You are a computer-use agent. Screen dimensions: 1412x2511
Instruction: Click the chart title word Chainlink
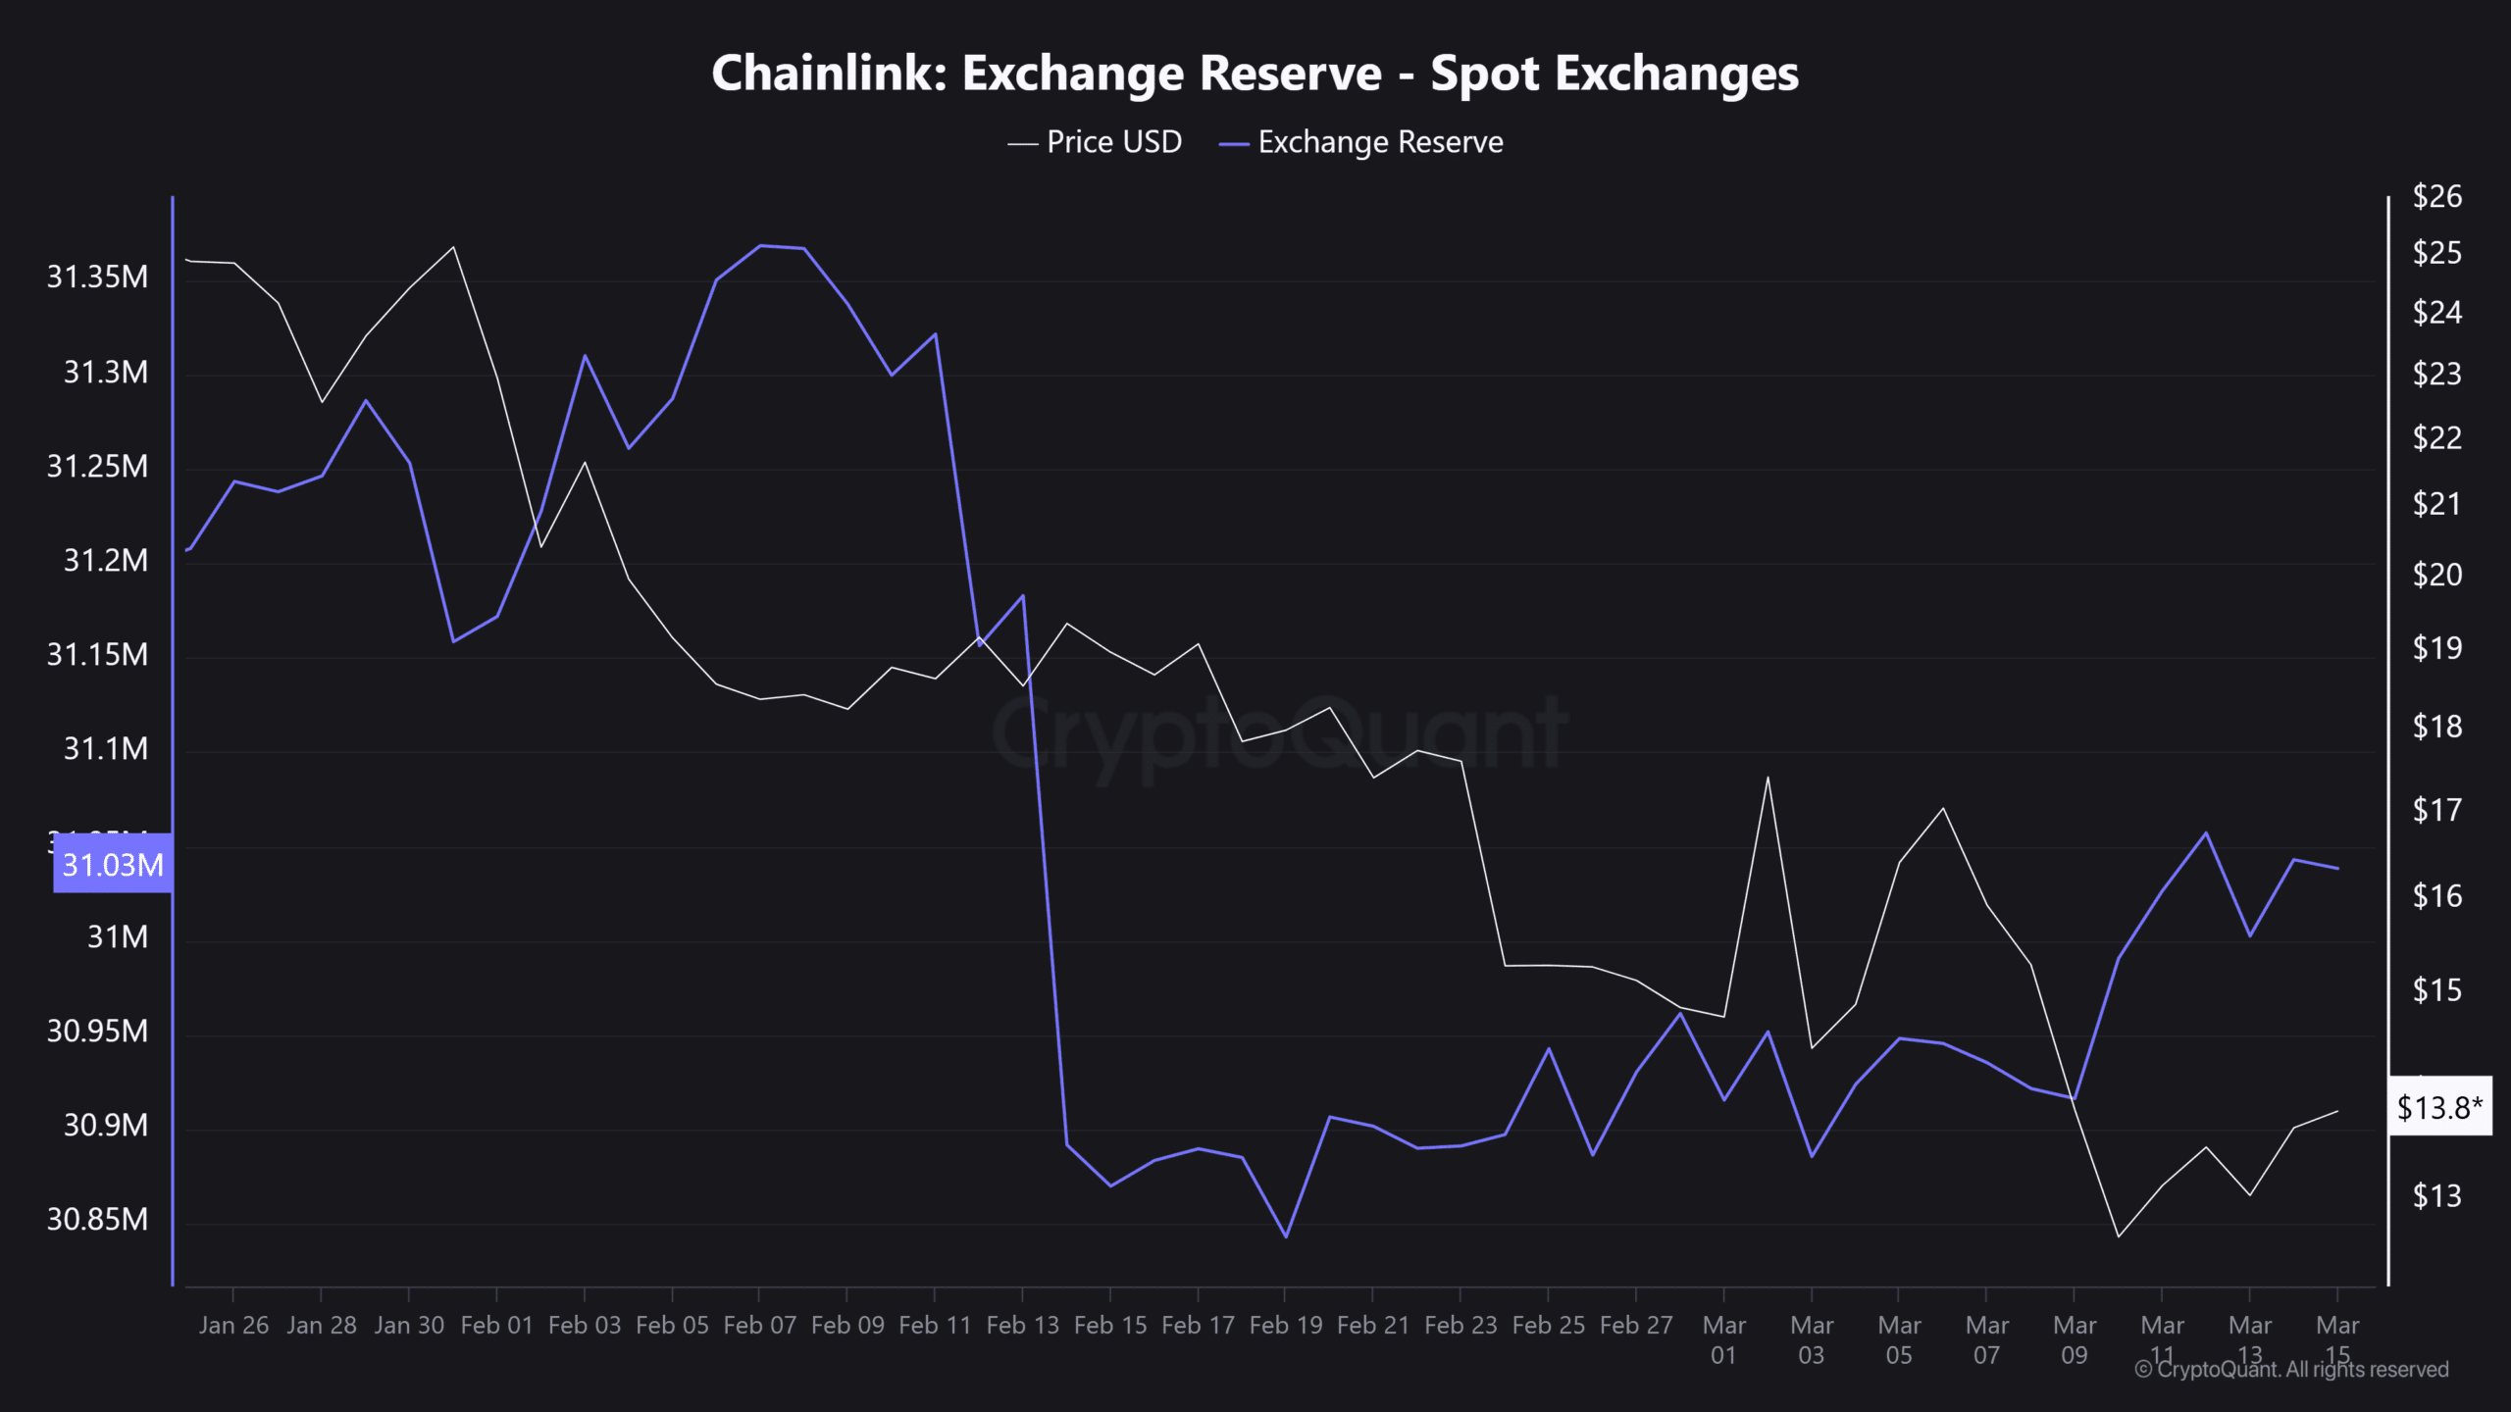(828, 74)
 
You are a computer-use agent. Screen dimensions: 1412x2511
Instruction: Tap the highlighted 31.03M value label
(113, 864)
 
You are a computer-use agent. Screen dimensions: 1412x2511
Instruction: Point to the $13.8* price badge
(2438, 1107)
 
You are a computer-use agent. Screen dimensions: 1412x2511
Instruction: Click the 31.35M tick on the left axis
(98, 277)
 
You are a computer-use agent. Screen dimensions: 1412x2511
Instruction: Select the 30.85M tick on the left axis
(98, 1219)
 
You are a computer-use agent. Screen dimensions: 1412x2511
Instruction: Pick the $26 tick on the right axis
(2436, 197)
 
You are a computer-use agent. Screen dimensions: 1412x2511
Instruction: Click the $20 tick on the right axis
(2436, 575)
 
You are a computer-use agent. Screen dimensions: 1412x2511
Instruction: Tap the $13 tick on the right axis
(2436, 1196)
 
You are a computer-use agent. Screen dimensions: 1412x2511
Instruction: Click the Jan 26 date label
(233, 1326)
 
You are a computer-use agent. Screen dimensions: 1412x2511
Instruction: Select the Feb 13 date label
(1022, 1326)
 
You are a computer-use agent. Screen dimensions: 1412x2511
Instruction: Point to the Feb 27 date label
(1635, 1326)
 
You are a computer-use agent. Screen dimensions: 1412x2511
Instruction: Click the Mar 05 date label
(1899, 1339)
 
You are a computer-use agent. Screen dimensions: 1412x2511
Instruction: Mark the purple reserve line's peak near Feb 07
(761, 245)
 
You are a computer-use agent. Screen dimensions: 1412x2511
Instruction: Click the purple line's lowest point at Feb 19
(1286, 1236)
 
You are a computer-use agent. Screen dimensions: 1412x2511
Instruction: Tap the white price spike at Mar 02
(1768, 778)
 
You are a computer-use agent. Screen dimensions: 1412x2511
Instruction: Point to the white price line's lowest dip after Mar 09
(2119, 1236)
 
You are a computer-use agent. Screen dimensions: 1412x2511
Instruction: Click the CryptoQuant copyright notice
(2291, 1370)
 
